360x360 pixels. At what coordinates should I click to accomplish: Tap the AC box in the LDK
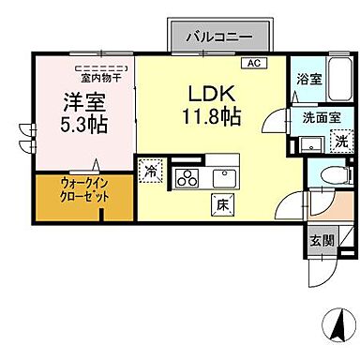pyautogui.click(x=252, y=63)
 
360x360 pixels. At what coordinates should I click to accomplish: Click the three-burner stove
pyautogui.click(x=184, y=177)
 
